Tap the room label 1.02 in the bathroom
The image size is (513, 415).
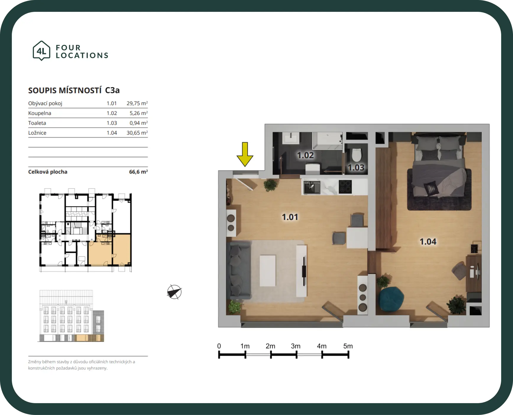pos(305,155)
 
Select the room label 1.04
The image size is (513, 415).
pos(428,242)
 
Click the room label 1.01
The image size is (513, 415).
pos(290,217)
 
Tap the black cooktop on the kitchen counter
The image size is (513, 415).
pos(345,187)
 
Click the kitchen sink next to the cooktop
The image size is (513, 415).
pos(312,187)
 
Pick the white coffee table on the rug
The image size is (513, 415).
pos(268,271)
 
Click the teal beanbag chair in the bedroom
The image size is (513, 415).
pos(391,299)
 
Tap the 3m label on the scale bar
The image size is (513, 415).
pos(295,346)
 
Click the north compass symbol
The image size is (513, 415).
pos(174,292)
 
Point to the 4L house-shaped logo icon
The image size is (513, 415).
pos(41,51)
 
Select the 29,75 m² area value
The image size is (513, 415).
pos(137,103)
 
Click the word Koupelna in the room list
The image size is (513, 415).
pos(40,113)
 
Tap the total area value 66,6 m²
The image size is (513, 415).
pos(138,172)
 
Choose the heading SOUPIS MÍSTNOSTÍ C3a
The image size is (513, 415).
pos(74,90)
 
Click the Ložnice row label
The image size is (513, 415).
pos(37,133)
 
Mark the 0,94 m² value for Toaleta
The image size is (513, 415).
pos(139,123)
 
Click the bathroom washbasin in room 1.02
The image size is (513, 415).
pos(291,138)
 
